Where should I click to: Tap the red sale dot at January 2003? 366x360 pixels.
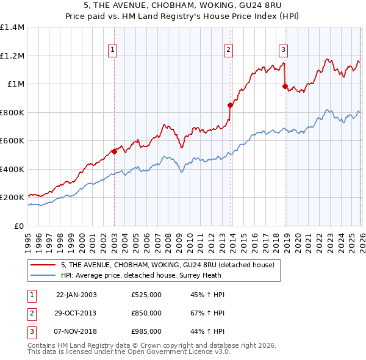[114, 151]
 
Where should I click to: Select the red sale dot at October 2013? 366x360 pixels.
[230, 105]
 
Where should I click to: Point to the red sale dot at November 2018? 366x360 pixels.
[285, 86]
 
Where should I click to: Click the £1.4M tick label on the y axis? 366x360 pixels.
[12, 27]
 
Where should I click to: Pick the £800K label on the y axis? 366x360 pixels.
[12, 112]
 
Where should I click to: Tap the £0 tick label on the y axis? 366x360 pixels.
[20, 226]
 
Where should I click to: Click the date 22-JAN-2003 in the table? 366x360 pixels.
[76, 295]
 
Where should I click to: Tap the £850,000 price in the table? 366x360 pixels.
[146, 313]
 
